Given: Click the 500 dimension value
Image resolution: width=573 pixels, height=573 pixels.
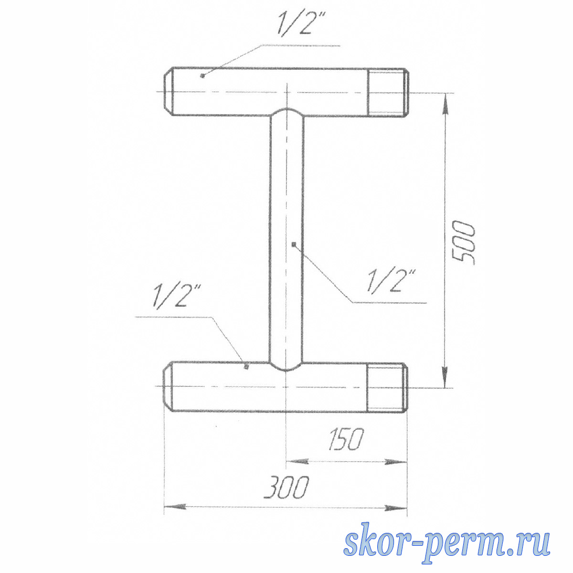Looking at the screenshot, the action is pyautogui.click(x=463, y=243).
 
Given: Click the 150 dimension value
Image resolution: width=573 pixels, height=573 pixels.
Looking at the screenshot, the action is pyautogui.click(x=346, y=439).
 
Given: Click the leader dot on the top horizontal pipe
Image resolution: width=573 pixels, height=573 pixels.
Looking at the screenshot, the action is pyautogui.click(x=202, y=76).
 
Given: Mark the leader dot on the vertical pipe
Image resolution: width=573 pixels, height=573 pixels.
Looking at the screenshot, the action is pyautogui.click(x=294, y=244).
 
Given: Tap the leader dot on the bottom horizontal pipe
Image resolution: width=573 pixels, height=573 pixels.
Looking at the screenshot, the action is pyautogui.click(x=246, y=367).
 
